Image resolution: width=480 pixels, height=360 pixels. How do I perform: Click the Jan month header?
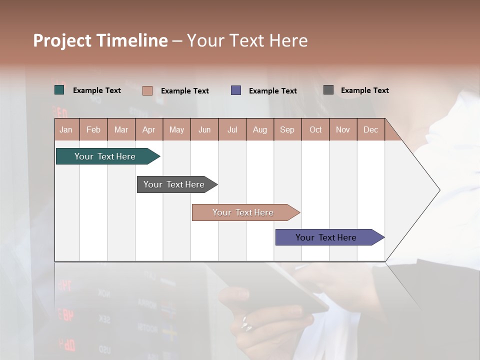coord(66,130)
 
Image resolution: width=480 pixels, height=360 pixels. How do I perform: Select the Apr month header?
coord(148,130)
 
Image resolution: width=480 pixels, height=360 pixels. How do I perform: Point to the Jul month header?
coord(232,130)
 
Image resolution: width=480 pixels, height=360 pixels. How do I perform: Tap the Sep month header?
coord(287,130)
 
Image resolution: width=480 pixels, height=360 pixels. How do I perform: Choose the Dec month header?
coord(370,130)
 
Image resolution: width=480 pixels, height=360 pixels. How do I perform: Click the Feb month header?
coord(93,130)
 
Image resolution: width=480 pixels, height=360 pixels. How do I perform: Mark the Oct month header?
coord(315,130)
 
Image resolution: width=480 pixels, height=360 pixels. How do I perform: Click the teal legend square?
coord(59,90)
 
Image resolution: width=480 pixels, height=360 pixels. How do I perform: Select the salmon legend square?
coord(147,90)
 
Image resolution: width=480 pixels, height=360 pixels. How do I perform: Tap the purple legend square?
coord(236,90)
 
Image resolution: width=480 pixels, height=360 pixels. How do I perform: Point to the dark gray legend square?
coord(328,90)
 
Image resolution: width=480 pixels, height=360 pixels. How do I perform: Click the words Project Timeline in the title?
coord(100,40)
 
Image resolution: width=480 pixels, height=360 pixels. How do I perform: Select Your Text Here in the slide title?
coord(247,40)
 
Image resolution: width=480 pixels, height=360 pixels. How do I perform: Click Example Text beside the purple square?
coord(272,91)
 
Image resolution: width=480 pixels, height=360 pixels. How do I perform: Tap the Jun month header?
coord(204,130)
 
